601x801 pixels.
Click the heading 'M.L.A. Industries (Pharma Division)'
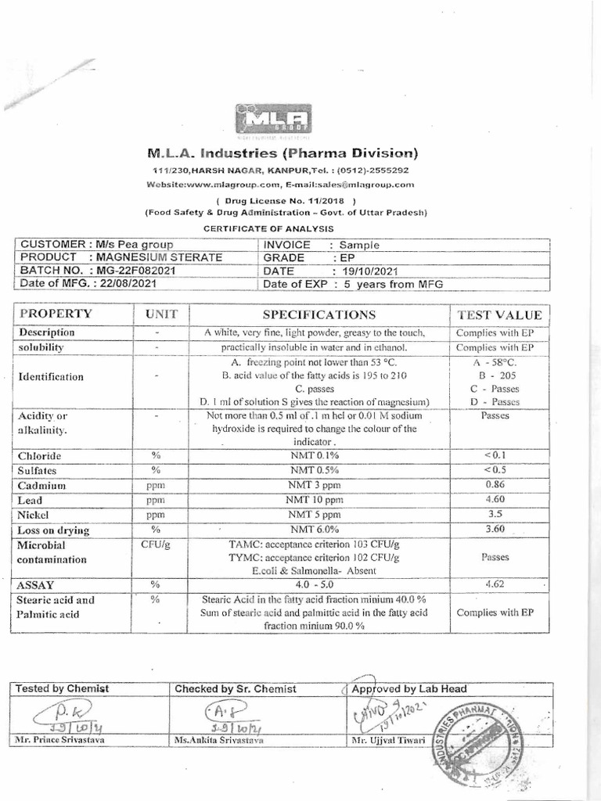281,152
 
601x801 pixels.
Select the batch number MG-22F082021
137,270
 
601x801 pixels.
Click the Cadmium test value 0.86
495,485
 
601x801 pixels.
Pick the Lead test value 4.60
495,499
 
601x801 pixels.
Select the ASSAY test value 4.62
495,584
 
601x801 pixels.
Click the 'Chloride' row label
41,456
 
